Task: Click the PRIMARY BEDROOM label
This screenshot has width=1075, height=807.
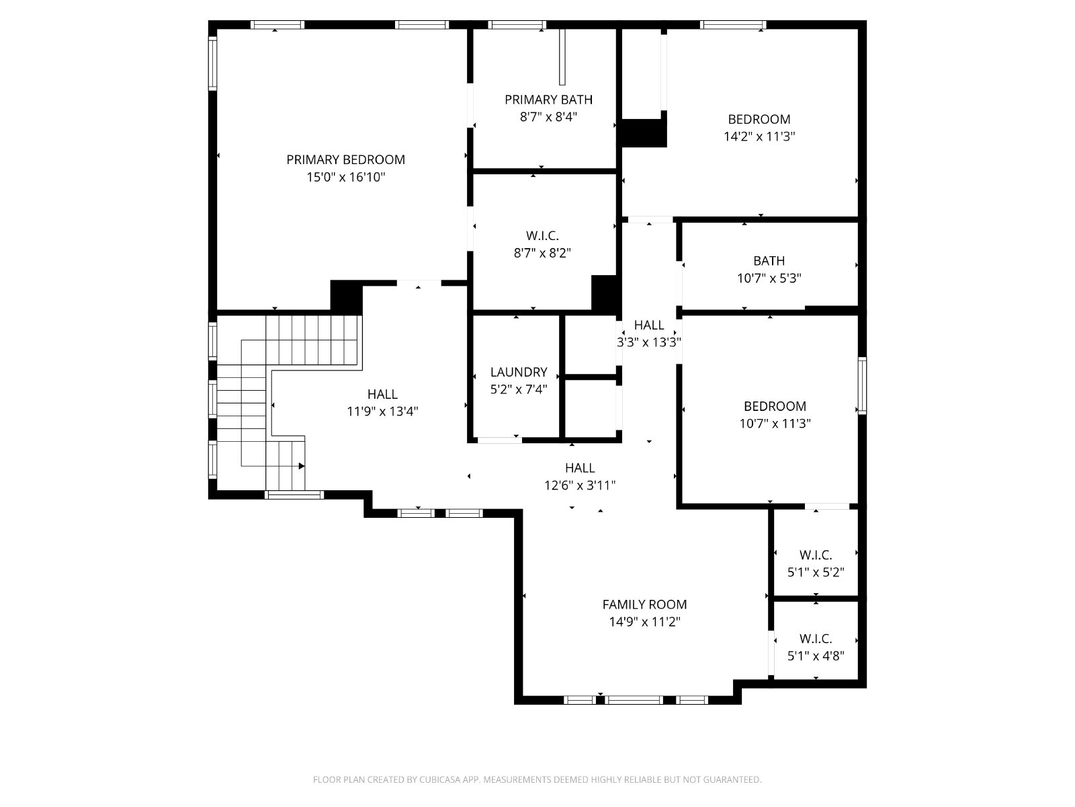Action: [x=345, y=160]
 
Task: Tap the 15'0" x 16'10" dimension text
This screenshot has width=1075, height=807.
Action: [x=346, y=177]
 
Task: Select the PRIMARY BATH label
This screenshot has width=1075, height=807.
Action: [x=548, y=100]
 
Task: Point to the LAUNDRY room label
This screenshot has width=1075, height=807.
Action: [x=519, y=372]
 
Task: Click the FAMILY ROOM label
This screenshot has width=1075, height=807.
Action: [x=644, y=605]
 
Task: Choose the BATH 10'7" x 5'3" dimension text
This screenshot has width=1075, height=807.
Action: [x=769, y=278]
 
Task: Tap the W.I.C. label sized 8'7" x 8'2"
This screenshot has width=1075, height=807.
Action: [x=542, y=235]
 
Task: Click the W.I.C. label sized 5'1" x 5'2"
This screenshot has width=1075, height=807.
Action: [x=816, y=555]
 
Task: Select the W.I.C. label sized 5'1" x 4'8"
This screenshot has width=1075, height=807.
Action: [x=816, y=638]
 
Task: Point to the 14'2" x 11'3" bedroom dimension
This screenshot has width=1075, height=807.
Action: [x=759, y=137]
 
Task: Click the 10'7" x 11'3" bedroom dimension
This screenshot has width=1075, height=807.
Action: [x=775, y=424]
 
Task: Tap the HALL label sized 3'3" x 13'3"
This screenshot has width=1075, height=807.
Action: [x=649, y=325]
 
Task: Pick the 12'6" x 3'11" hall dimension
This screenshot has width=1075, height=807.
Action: [x=580, y=485]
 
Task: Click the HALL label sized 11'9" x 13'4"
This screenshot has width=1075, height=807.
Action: [x=382, y=394]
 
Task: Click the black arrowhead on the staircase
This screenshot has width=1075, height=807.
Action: [x=302, y=466]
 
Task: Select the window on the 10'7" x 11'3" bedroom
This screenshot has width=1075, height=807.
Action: [x=862, y=385]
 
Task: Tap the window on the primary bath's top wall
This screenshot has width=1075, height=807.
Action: [x=517, y=25]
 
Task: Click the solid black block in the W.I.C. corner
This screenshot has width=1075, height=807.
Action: [x=606, y=293]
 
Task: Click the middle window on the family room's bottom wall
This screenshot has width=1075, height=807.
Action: [x=634, y=699]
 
